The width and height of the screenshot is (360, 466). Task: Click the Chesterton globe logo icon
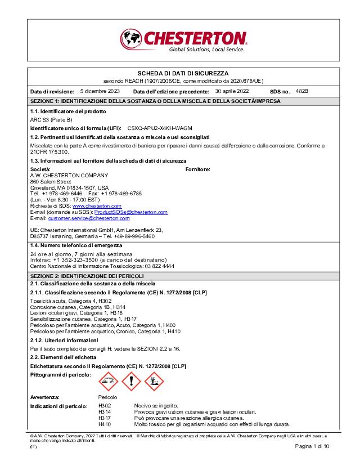pos(132,40)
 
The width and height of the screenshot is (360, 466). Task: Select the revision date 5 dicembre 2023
pos(100,91)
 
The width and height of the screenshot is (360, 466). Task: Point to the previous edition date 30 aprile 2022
pos(232,91)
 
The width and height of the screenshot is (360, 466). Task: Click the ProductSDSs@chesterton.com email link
pos(130,212)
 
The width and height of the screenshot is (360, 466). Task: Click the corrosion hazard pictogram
pos(109,382)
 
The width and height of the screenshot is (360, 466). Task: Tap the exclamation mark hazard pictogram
pos(132,382)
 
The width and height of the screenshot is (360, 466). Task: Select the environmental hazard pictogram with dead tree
pos(154,382)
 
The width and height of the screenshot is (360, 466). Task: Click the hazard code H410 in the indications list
pos(105,424)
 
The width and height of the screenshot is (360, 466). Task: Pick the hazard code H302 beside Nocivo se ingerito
pos(105,406)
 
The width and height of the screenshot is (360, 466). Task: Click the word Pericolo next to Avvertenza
pos(108,397)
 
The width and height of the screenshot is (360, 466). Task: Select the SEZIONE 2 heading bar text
pos(87,277)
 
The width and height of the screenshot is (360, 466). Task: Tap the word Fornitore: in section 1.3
pos(198,169)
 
